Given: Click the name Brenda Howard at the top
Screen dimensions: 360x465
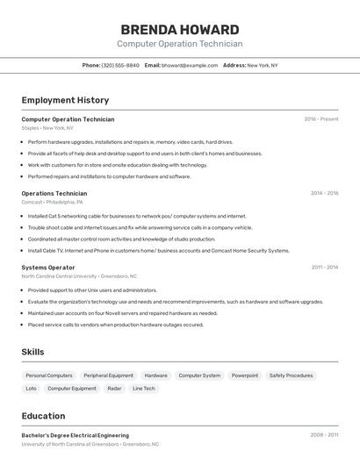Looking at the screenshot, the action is pyautogui.click(x=179, y=29).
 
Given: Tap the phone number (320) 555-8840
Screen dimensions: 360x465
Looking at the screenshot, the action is pyautogui.click(x=120, y=65).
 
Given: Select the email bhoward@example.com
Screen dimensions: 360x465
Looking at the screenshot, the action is pyautogui.click(x=190, y=65).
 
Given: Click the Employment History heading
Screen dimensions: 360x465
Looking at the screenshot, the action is pyautogui.click(x=65, y=100).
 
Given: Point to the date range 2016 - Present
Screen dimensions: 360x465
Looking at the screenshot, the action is pyautogui.click(x=320, y=119).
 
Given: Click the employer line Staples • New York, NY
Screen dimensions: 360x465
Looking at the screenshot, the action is pyautogui.click(x=47, y=128).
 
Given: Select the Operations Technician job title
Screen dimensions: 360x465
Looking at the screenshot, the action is pyautogui.click(x=54, y=193).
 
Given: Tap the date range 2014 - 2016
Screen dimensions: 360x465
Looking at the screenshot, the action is pyautogui.click(x=324, y=193).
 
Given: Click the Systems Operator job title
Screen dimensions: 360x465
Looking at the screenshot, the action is pyautogui.click(x=48, y=267).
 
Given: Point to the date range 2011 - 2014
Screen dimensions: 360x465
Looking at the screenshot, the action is pyautogui.click(x=324, y=267).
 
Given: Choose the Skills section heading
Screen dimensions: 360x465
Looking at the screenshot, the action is pyautogui.click(x=33, y=352).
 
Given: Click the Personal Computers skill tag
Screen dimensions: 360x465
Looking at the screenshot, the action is pyautogui.click(x=49, y=376).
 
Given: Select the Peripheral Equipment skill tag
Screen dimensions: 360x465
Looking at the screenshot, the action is pyautogui.click(x=109, y=376).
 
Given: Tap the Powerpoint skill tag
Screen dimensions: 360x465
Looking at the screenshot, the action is pyautogui.click(x=245, y=376).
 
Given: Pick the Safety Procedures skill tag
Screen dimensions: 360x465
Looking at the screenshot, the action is pyautogui.click(x=291, y=376).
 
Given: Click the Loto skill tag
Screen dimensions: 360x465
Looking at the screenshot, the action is pyautogui.click(x=32, y=388).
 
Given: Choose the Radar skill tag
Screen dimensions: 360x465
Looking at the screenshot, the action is pyautogui.click(x=114, y=388).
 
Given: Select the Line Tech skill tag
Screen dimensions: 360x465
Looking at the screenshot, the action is pyautogui.click(x=144, y=388).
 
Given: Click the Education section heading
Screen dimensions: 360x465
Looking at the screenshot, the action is pyautogui.click(x=43, y=416).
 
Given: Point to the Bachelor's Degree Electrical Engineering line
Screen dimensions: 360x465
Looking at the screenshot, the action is pyautogui.click(x=76, y=435).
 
